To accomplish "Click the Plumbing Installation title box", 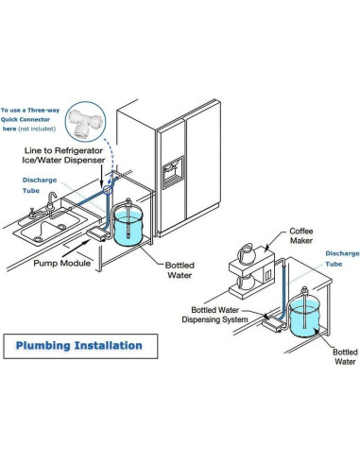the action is pyautogui.click(x=80, y=346).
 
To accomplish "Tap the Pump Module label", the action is pyautogui.click(x=62, y=263).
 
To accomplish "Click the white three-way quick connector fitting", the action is pyautogui.click(x=85, y=123).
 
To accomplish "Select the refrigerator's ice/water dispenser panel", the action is pyautogui.click(x=173, y=172).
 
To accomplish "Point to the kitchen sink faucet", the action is pyautogui.click(x=51, y=201).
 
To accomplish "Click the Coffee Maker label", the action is pyautogui.click(x=301, y=235).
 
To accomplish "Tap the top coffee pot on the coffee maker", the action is pyautogui.click(x=248, y=254).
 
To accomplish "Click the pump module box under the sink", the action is pyautogui.click(x=97, y=234).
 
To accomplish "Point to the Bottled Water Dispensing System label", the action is pyautogui.click(x=214, y=315).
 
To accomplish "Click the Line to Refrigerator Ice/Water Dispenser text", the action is pyautogui.click(x=63, y=155).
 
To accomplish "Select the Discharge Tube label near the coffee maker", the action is pyautogui.click(x=342, y=259).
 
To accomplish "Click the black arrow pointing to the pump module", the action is pyautogui.click(x=76, y=249).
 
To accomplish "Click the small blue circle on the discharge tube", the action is pyautogui.click(x=108, y=190).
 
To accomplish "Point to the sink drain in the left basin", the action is pyautogui.click(x=38, y=239).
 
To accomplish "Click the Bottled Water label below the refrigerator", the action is pyautogui.click(x=180, y=270).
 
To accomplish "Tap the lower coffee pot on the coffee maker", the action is pyautogui.click(x=246, y=282).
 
